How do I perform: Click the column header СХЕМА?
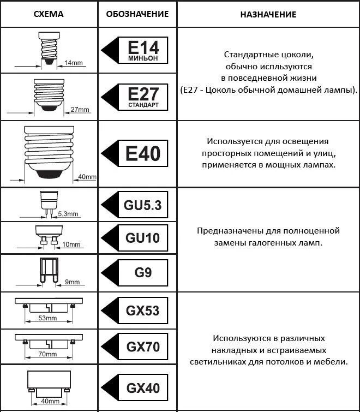[x=48, y=14]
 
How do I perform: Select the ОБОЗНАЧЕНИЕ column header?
[x=137, y=14]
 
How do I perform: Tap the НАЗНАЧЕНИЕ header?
[x=268, y=14]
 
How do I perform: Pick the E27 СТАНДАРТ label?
[x=143, y=96]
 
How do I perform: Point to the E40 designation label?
[x=143, y=153]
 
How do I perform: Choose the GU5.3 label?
[x=143, y=205]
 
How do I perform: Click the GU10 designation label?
[x=143, y=238]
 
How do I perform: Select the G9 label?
[x=143, y=272]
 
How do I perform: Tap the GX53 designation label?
[x=143, y=311]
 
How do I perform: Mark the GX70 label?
[x=143, y=346]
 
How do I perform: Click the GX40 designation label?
[x=143, y=388]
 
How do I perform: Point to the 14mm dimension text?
[x=73, y=63]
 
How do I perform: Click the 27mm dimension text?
[x=80, y=110]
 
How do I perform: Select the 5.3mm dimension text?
[x=68, y=213]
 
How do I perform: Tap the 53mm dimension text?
[x=48, y=318]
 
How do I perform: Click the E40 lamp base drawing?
[x=48, y=150]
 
